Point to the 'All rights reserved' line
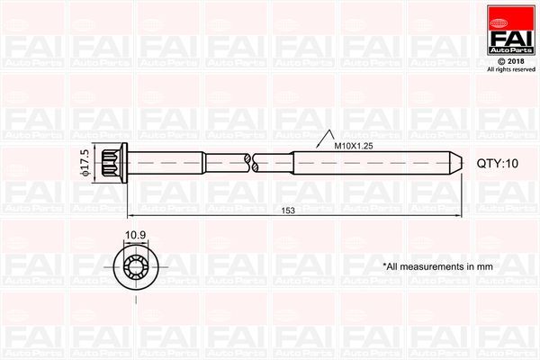click(510, 69)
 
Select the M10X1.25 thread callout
click(355, 145)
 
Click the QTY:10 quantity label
click(498, 163)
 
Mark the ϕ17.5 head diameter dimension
click(85, 163)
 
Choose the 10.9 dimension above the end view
click(135, 236)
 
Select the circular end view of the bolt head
click(134, 265)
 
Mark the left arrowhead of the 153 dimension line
click(131, 216)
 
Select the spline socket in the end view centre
click(134, 265)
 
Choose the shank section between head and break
click(189, 163)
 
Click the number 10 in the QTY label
click(511, 163)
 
